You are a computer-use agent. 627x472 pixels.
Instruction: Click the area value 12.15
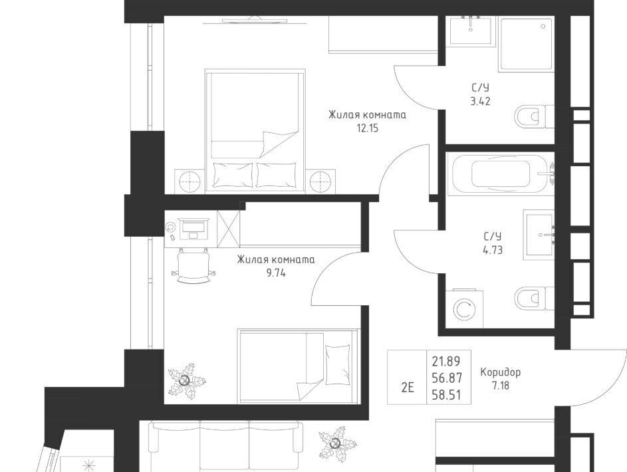pos(367,128)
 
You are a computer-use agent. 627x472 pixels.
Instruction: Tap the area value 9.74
pos(275,273)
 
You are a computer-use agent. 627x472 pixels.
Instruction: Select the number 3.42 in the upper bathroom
pos(480,101)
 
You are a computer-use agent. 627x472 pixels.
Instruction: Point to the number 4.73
pos(493,250)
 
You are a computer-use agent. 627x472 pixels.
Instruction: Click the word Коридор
pos(500,372)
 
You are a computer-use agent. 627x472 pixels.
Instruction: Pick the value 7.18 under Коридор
pos(500,386)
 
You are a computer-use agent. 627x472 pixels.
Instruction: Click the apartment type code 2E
pos(407,388)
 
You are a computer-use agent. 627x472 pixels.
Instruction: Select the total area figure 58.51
pos(446,395)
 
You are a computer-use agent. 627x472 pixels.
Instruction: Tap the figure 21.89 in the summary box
pos(446,361)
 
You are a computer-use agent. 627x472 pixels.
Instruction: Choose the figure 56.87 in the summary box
pos(446,378)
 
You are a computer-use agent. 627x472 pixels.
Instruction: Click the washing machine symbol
pos(464,309)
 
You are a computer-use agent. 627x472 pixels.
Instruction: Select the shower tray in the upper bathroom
pos(526,44)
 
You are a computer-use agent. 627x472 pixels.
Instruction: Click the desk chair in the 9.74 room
pos(193,265)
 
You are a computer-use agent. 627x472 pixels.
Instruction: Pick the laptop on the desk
pos(193,229)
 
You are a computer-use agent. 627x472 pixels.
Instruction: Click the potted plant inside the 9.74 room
pos(186,381)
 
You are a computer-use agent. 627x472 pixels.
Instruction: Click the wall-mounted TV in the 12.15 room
pos(253,20)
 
